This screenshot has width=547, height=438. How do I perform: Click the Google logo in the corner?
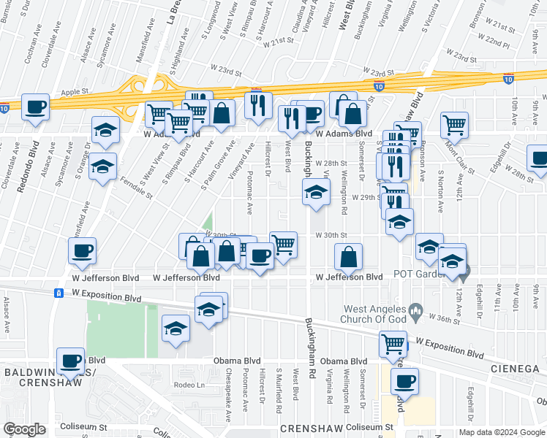tap(24, 429)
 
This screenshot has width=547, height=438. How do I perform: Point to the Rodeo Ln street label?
tap(186, 385)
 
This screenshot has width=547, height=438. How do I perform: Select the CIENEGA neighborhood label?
tap(514, 369)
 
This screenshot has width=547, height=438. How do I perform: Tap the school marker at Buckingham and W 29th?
tap(316, 193)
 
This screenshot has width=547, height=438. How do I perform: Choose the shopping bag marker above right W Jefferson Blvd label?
tap(349, 257)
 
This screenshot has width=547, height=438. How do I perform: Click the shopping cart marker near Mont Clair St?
tap(454, 126)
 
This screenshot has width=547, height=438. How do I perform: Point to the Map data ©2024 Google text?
tap(502, 432)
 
